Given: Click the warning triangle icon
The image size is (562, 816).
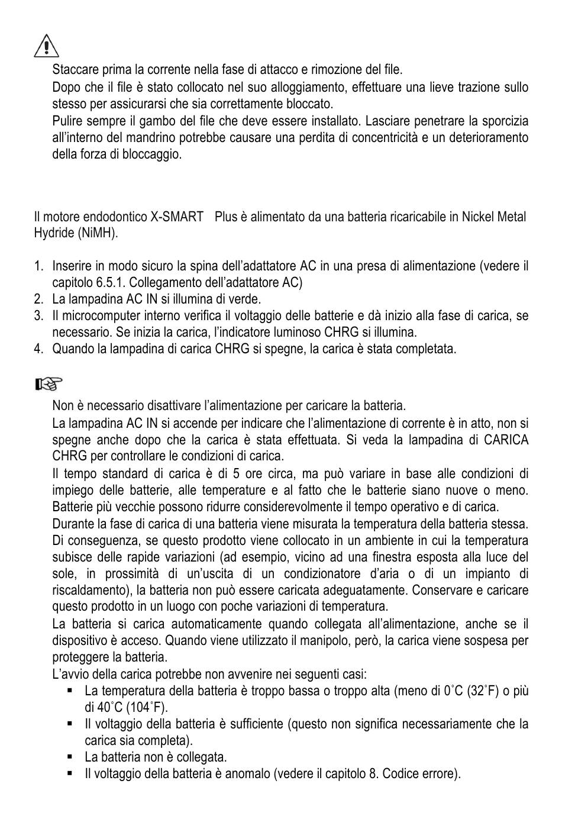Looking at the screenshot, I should [x=46, y=46].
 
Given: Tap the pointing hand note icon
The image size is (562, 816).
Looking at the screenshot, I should [x=49, y=385].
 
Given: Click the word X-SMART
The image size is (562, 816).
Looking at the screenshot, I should [x=177, y=217].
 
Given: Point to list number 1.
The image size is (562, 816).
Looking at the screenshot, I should [x=38, y=266].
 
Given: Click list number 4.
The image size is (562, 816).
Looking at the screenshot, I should [x=38, y=349].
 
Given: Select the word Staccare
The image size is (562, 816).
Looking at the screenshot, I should [x=74, y=70].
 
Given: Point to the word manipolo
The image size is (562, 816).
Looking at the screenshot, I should [x=335, y=641].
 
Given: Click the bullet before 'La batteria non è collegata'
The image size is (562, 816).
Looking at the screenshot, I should [x=70, y=756].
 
